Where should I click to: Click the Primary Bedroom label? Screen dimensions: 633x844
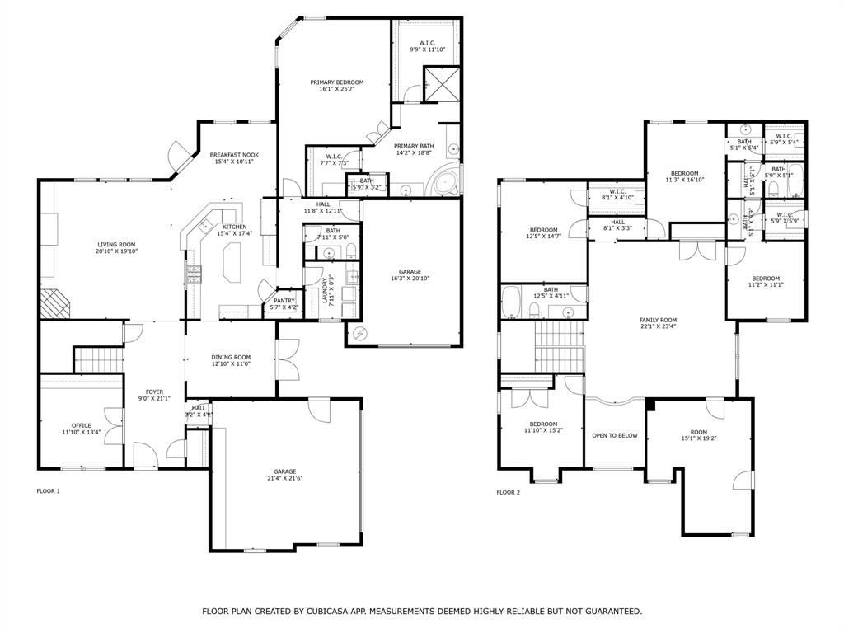[x=336, y=82]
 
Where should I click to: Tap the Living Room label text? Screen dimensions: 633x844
[x=116, y=245]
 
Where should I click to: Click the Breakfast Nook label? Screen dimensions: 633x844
[x=234, y=155]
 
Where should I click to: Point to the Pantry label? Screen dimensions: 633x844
[x=284, y=301]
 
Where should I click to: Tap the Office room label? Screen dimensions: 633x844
[x=81, y=424]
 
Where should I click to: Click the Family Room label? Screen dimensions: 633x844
[x=658, y=320]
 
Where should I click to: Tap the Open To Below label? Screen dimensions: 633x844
[x=615, y=435]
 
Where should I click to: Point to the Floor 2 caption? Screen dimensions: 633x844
[x=508, y=492]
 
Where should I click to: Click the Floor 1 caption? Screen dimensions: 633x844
[x=49, y=491]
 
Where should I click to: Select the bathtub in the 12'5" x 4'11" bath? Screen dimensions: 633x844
[x=510, y=302]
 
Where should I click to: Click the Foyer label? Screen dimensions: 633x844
[x=154, y=392]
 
